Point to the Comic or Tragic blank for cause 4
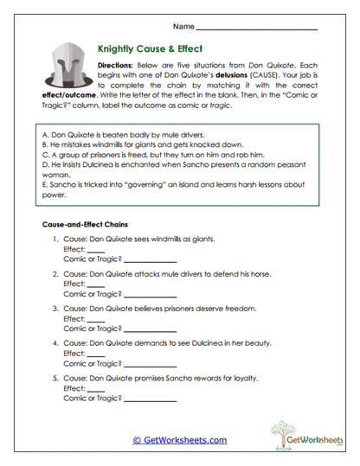pos(150,363)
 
